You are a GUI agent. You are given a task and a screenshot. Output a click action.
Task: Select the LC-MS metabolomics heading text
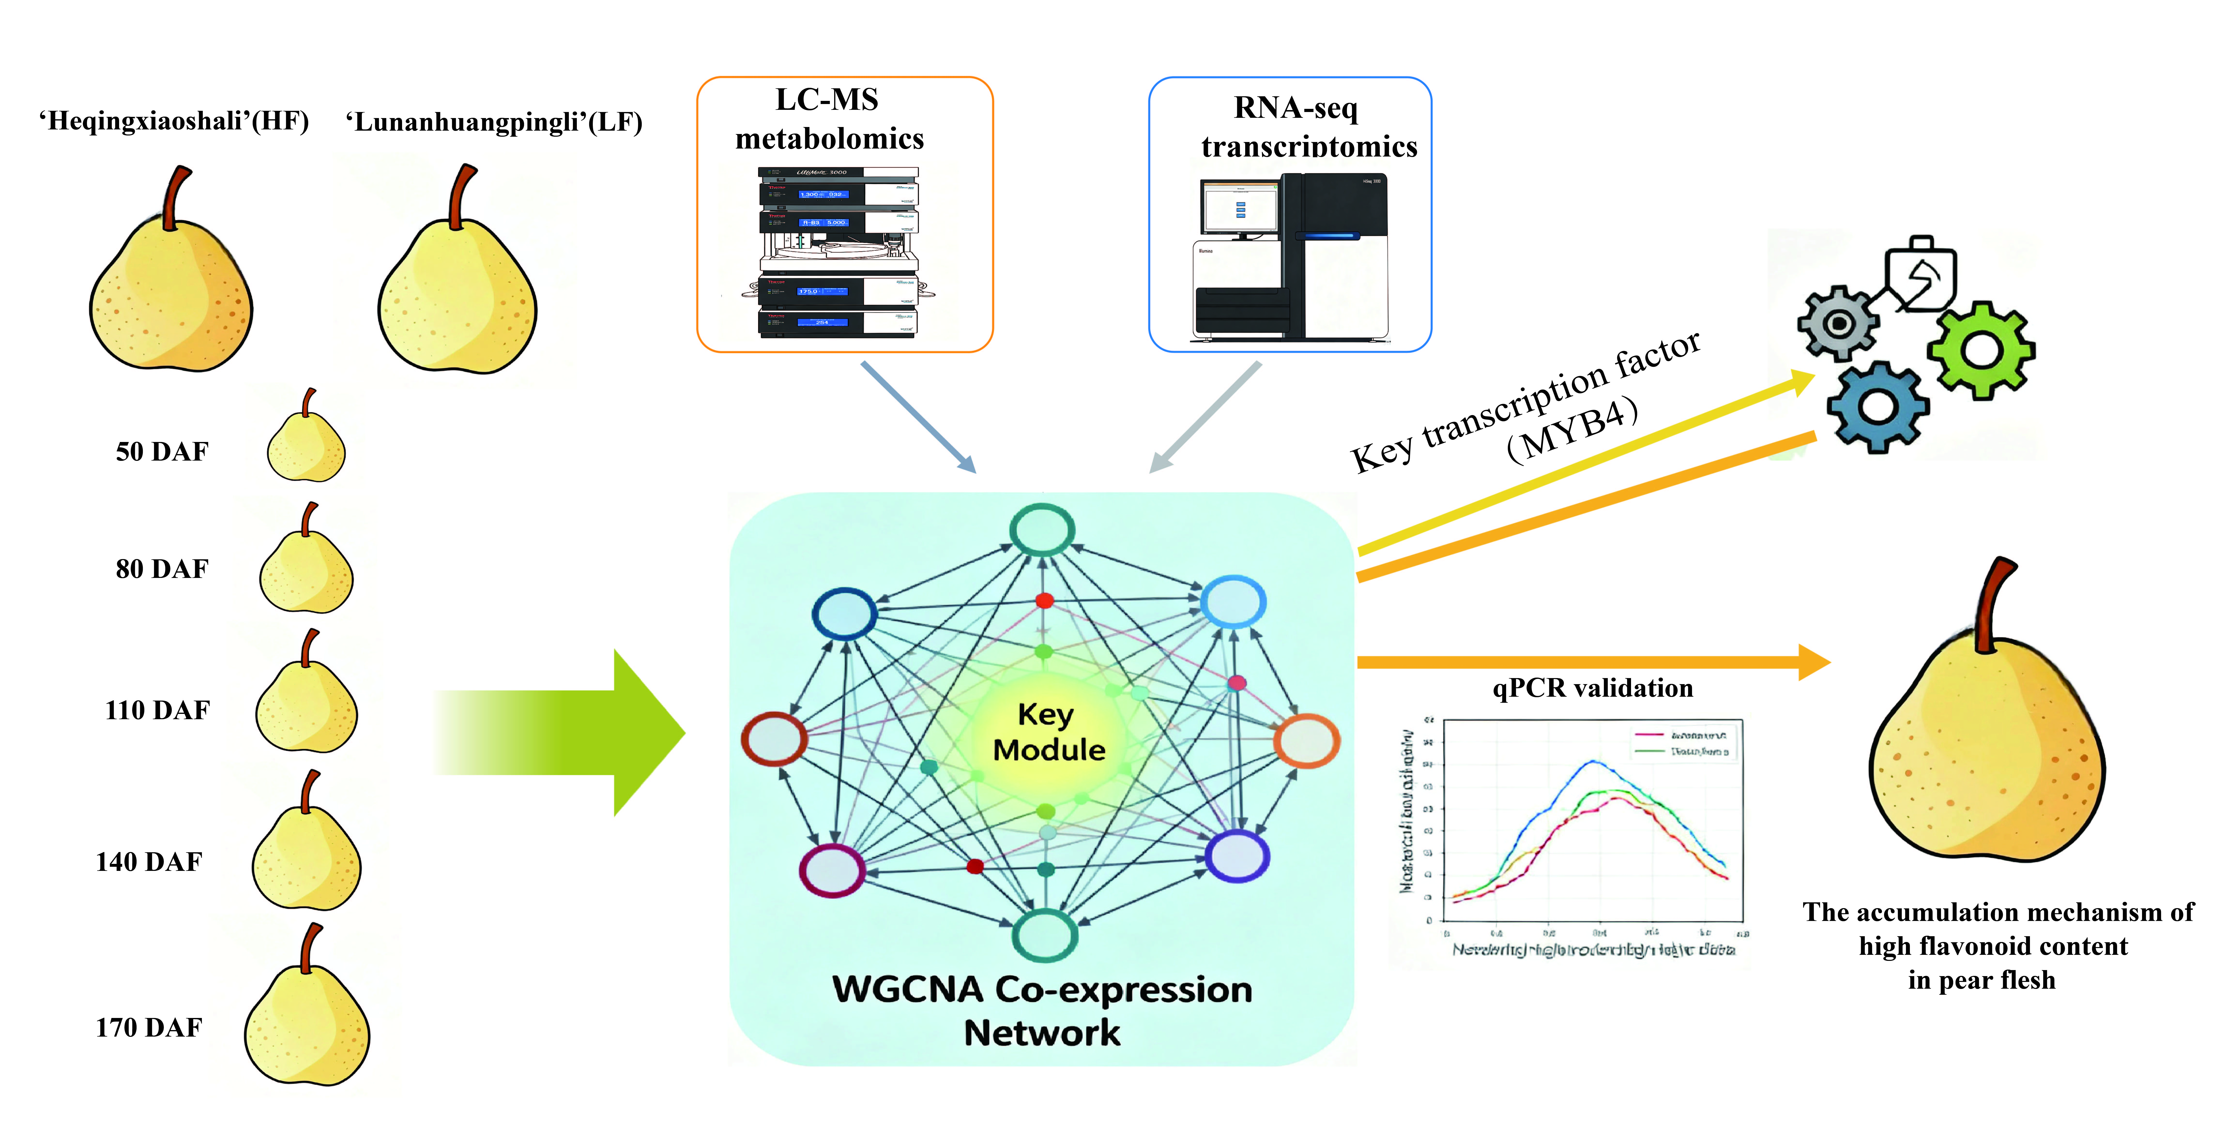829,119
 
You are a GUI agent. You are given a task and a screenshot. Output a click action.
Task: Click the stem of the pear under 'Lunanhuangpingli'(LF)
461,194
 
